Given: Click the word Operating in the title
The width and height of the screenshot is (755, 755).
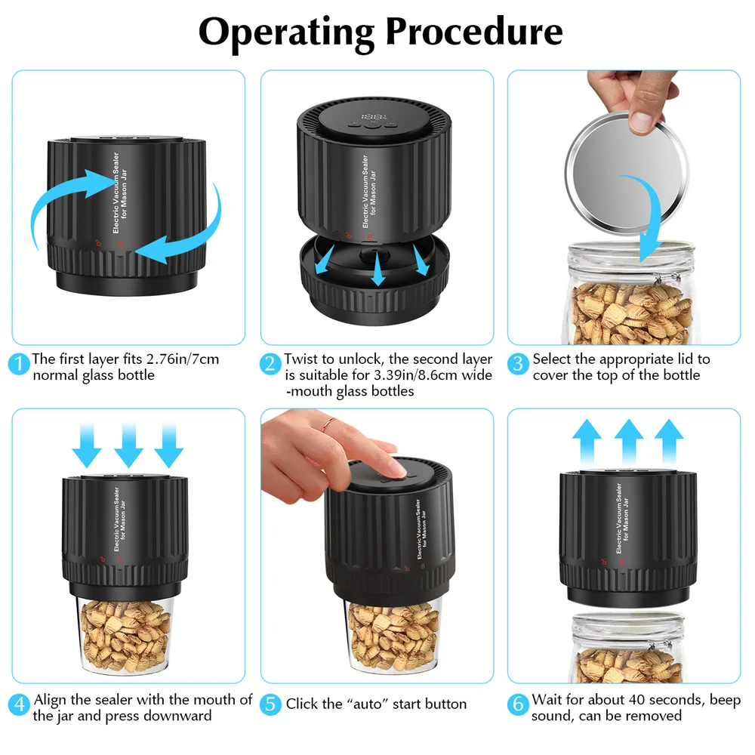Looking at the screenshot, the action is [286, 32].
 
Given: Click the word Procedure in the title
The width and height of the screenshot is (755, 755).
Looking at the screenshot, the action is [474, 31].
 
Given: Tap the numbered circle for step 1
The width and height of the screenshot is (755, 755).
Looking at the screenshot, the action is [19, 364].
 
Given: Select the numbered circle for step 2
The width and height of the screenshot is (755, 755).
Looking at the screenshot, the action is [270, 364].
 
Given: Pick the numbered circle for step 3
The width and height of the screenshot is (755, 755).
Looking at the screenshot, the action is [518, 364].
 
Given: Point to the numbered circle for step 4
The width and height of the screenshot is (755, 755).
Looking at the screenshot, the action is [19, 704].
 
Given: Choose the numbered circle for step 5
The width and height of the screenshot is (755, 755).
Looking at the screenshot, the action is [270, 704].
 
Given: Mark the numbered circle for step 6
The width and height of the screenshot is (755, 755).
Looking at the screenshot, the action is [518, 704].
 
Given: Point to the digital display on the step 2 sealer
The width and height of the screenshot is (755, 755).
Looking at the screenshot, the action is [374, 117].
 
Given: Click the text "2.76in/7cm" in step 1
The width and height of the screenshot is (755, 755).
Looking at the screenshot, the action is [183, 359].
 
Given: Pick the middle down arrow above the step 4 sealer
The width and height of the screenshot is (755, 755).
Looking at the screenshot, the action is [128, 445].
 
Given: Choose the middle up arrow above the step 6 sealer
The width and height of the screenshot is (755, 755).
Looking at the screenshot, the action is [629, 442].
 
